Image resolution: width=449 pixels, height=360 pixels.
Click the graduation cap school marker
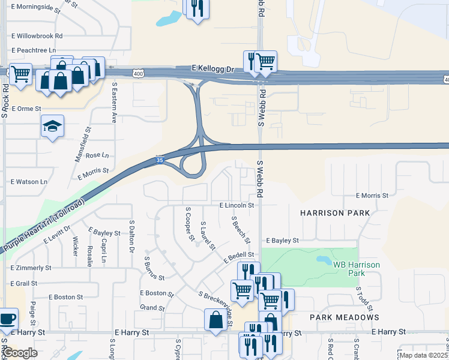pos(52,127)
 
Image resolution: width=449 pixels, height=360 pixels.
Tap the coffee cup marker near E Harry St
pos(8,319)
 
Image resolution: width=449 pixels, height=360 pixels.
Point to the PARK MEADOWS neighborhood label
pos(345,317)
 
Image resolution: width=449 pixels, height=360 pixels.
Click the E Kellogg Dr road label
pos(213,70)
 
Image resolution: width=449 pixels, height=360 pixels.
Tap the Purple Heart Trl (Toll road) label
pos(43,225)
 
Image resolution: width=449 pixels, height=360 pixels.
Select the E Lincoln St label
pos(237,205)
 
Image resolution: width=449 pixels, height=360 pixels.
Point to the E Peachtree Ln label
pos(33,50)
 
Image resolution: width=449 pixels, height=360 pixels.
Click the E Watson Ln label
pos(29,181)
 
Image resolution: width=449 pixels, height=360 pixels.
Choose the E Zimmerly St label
pos(31,268)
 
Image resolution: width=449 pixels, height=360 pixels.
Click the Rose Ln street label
pos(97,155)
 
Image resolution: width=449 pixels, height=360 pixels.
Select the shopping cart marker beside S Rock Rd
pos(20,74)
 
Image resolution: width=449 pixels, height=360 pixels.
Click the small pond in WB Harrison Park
pos(324,261)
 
